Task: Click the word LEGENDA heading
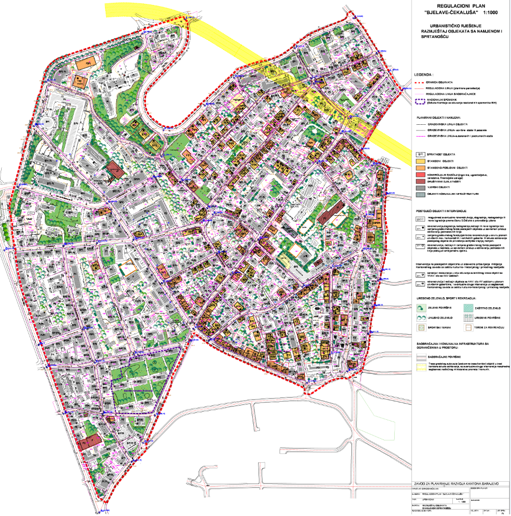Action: [x=423, y=74]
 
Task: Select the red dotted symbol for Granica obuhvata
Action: [x=419, y=82]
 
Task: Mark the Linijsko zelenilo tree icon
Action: [x=419, y=317]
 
